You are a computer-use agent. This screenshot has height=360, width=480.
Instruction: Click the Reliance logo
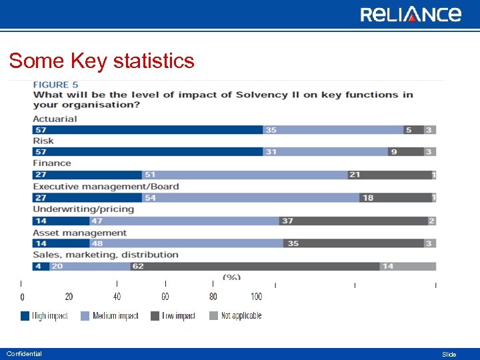411,14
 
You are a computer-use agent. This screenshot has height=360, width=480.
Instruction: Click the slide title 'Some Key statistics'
102,61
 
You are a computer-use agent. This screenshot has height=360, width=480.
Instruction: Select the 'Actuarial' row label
55,119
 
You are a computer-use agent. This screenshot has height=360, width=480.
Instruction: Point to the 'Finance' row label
52,163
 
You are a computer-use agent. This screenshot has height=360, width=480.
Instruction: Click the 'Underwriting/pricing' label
83,209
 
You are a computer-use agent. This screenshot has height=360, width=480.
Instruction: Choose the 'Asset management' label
79,233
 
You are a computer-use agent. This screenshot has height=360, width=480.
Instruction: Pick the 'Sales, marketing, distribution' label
105,255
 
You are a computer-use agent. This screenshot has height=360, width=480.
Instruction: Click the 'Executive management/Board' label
106,186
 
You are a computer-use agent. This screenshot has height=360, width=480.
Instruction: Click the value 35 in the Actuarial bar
271,130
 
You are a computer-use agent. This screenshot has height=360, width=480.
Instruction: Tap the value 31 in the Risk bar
271,152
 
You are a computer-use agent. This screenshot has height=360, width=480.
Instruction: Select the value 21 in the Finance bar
355,175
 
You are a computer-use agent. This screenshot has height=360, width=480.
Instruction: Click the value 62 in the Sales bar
138,267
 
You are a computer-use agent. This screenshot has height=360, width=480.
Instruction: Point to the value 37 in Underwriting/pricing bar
287,221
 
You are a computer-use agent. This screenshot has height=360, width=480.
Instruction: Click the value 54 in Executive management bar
151,198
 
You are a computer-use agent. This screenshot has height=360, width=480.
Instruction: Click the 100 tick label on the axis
257,297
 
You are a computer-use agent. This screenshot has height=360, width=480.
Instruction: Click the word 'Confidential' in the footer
24,354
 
